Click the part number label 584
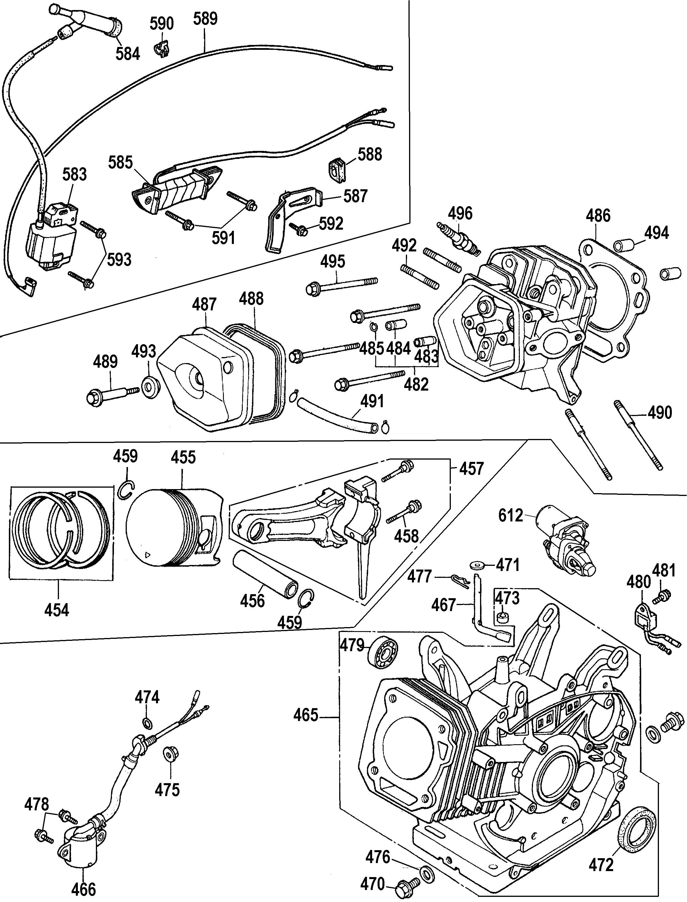click(x=128, y=54)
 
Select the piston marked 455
click(x=174, y=528)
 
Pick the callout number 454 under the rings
click(x=57, y=610)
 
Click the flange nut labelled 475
click(x=168, y=752)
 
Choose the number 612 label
click(x=511, y=515)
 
